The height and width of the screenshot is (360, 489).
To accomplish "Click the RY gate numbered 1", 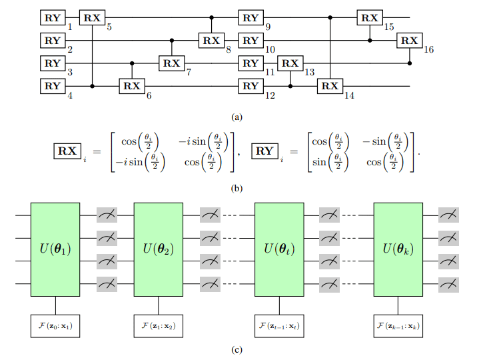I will click(52, 18).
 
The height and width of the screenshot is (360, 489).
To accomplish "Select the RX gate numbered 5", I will click(91, 18).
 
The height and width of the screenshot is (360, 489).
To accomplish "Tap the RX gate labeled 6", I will click(131, 86).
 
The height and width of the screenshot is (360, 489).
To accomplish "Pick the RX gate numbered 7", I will click(171, 63).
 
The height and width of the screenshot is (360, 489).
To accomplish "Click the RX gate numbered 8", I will click(211, 41).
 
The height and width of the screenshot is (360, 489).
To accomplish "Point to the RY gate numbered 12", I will click(250, 86).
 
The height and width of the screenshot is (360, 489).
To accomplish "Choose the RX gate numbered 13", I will click(289, 63).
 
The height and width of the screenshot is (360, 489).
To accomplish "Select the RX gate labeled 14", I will click(329, 86).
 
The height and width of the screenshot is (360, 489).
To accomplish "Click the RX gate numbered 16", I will click(408, 41).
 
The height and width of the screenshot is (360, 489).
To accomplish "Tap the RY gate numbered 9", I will click(250, 18).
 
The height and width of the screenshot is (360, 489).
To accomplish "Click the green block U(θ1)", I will click(55, 250).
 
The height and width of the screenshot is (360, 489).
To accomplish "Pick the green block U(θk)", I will click(398, 250).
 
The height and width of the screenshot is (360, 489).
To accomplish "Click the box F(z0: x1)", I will click(55, 327).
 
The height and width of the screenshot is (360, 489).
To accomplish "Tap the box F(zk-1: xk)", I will click(398, 327).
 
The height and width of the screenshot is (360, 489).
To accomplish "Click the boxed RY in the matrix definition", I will click(264, 151).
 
